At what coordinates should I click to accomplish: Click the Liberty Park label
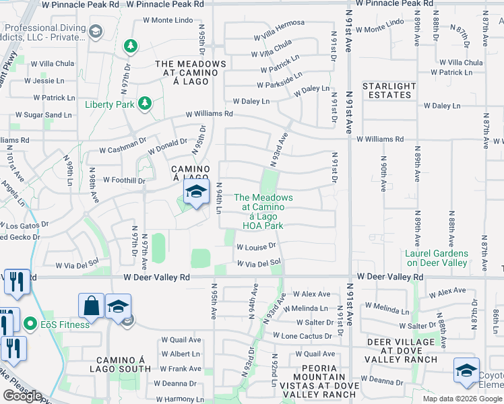(110, 104)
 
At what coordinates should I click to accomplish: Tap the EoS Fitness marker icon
(30, 325)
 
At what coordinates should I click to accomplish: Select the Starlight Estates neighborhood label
(389, 90)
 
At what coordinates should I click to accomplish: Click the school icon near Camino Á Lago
(195, 193)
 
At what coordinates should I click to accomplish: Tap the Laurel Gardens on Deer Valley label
(436, 258)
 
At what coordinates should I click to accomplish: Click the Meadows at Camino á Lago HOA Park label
(263, 211)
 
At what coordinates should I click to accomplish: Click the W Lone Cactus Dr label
(303, 335)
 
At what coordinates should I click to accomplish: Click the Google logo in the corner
(22, 396)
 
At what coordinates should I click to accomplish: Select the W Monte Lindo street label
(168, 20)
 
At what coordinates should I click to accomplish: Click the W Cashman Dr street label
(123, 150)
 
